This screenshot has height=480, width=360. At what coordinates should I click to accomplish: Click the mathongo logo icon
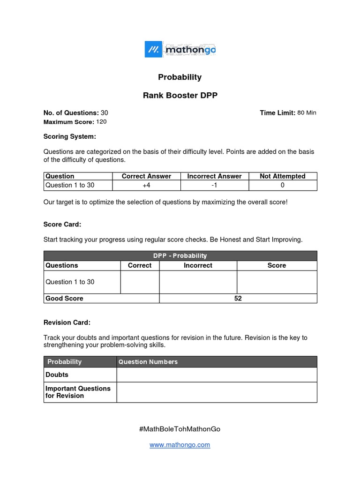[153, 49]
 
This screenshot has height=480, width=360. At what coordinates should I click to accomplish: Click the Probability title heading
[180, 77]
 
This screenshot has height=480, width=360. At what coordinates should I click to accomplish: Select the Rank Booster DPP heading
[180, 96]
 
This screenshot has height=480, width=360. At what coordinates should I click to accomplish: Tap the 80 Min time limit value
[307, 113]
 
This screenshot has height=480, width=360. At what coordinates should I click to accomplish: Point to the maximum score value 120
[101, 122]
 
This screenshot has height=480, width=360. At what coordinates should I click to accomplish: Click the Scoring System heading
[69, 136]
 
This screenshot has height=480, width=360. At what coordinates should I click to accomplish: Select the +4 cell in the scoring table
[146, 185]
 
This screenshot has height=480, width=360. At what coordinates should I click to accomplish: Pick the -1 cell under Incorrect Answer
[214, 185]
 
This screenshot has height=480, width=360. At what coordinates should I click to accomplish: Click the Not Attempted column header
[283, 176]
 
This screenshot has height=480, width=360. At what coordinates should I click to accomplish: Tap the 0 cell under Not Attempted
[283, 185]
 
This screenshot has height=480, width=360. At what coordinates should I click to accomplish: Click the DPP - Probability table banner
[180, 255]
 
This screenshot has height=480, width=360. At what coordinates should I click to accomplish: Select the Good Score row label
[64, 298]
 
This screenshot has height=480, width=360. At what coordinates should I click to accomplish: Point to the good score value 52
[238, 298]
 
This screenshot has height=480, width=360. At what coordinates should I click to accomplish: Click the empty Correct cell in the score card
[140, 282]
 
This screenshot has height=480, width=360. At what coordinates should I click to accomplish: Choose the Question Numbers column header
[148, 361]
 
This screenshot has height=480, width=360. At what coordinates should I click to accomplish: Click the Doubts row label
[57, 375]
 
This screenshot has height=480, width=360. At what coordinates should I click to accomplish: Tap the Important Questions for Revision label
[78, 392]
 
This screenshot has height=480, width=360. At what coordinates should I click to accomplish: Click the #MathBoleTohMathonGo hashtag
[180, 428]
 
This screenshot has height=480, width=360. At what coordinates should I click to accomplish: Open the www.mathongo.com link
[180, 445]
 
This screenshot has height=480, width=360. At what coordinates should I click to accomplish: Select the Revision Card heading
[67, 322]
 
